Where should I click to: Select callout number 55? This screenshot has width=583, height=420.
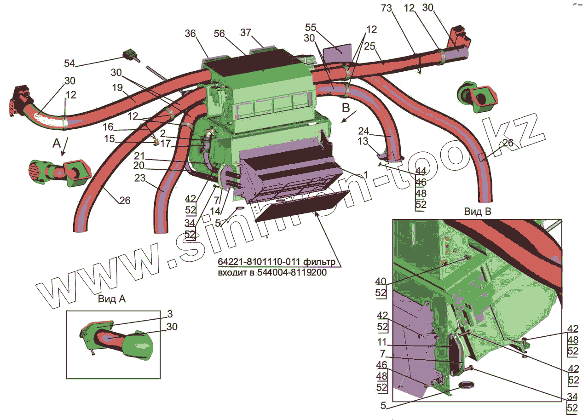coord(311,27)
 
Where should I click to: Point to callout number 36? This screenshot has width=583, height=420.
coord(190,34)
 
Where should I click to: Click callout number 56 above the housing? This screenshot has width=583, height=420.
coord(219,34)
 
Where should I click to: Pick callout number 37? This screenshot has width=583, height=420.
coord(246,33)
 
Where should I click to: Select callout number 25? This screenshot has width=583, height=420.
coord(369,46)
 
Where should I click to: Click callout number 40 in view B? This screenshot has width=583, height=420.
coord(381,282)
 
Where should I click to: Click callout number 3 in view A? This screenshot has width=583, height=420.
coord(170,314)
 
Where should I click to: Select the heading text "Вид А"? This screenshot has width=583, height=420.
coord(112,299)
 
